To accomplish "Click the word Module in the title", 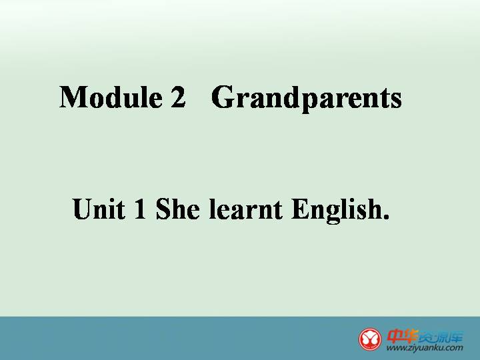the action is click(111, 97).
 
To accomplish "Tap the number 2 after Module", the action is click(178, 97).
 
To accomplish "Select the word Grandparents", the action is click(307, 99).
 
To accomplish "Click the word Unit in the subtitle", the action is click(99, 209).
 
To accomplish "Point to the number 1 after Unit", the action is click(140, 209).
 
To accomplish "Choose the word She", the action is click(178, 209).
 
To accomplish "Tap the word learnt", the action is click(246, 209).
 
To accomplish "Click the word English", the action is click(337, 211).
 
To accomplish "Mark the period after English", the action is click(386, 216).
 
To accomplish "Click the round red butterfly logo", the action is click(370, 339).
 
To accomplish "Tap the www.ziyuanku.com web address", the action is click(425, 348).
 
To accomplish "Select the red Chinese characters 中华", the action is click(402, 336).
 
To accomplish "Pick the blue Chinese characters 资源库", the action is click(441, 337).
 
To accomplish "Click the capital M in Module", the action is click(72, 97).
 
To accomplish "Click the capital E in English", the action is click(300, 209).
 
